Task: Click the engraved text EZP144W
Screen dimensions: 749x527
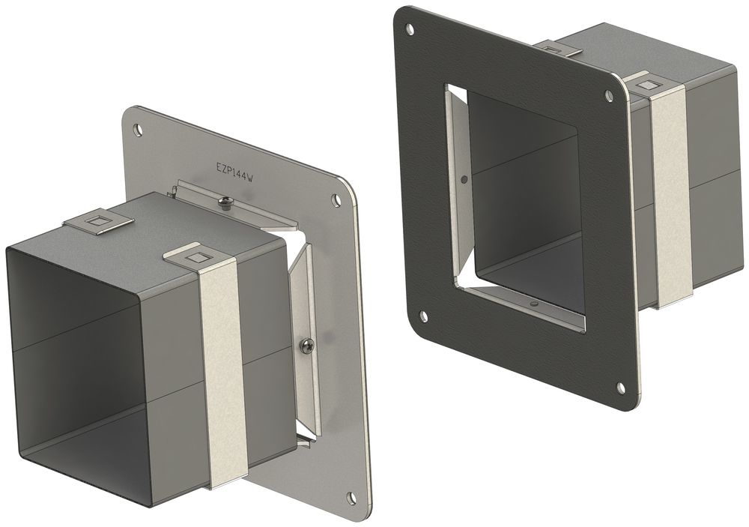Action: click(x=234, y=172)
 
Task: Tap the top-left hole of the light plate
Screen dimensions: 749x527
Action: click(x=138, y=129)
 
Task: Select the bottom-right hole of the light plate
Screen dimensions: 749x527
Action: click(x=352, y=496)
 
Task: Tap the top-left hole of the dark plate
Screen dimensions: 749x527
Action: click(x=410, y=29)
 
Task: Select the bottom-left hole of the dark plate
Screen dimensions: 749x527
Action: click(x=422, y=315)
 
